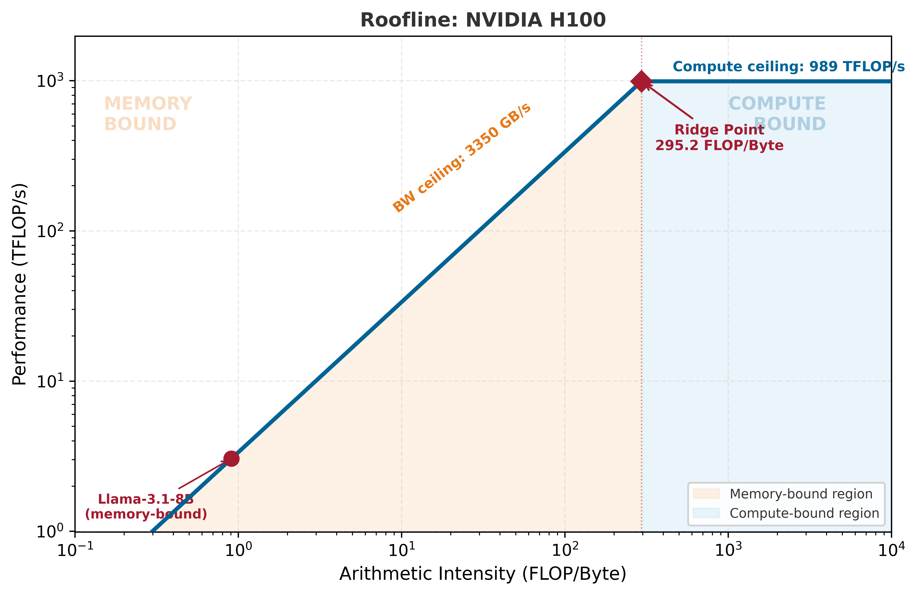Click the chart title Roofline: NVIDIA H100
(x=483, y=20)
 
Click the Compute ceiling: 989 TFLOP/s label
(x=788, y=67)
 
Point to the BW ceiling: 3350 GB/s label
(x=462, y=158)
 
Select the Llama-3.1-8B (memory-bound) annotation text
(x=146, y=506)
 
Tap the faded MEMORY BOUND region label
(x=148, y=114)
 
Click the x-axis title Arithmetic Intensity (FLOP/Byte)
(x=483, y=574)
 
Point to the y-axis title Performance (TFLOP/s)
(x=19, y=284)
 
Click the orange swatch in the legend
(x=706, y=494)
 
